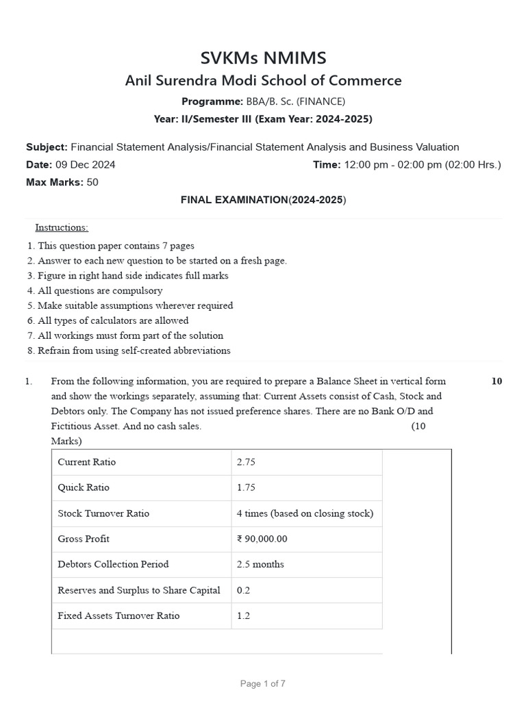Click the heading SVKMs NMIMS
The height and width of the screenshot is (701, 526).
tap(263, 58)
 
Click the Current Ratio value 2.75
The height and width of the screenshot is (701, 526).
tap(246, 462)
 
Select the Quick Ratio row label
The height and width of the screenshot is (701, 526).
tap(84, 487)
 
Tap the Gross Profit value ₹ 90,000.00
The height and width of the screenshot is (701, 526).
tap(262, 539)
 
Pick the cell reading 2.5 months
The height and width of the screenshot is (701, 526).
tap(260, 564)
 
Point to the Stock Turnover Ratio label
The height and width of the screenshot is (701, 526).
tap(103, 513)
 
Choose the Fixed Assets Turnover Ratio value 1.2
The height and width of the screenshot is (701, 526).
tap(243, 615)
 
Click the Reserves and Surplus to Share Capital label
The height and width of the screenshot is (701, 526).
tap(139, 590)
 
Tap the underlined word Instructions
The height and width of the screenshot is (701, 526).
tap(62, 227)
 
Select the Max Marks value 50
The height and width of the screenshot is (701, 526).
tap(92, 182)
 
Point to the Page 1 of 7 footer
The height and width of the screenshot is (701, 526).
tap(263, 683)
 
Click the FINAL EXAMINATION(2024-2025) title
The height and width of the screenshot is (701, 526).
tap(263, 200)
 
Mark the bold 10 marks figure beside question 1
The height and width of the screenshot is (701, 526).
tap(497, 381)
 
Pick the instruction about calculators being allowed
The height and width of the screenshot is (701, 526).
tap(113, 320)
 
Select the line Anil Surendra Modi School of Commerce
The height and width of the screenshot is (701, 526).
tap(263, 81)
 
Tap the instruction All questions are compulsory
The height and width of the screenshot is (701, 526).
tap(100, 290)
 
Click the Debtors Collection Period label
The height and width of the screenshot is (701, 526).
tap(113, 564)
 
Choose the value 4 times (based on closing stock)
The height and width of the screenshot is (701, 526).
tap(305, 513)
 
